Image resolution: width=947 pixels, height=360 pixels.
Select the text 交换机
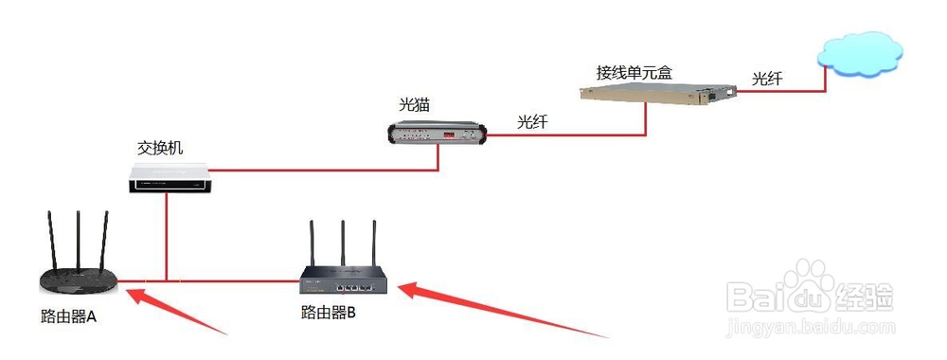coord(161,149)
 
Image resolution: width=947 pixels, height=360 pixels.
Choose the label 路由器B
coord(328,313)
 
